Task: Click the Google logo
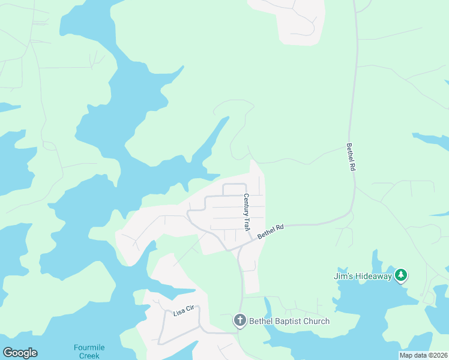20,353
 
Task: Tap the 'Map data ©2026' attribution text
423,355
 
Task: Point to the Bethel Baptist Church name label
289,321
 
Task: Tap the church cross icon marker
240,321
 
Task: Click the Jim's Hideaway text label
363,276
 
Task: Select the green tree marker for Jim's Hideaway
402,275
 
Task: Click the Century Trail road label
246,212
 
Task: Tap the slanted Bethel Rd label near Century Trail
270,232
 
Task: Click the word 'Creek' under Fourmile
90,355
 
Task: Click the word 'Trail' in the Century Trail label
247,223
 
